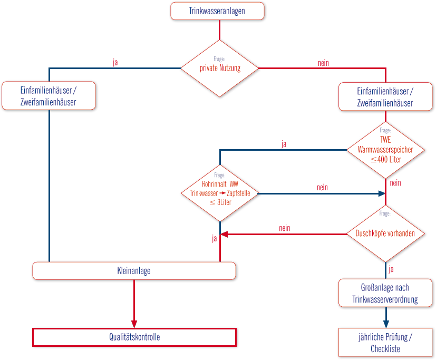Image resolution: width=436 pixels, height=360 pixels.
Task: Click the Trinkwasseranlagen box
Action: [217, 11]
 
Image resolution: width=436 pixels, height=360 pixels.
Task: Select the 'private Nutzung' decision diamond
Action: [219, 69]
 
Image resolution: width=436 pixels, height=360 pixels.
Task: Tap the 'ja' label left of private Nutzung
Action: [115, 62]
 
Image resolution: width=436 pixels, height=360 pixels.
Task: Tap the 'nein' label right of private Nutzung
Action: [323, 63]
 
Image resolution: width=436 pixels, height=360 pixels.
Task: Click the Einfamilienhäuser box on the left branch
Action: [49, 95]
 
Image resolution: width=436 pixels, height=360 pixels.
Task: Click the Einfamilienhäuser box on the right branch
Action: [385, 97]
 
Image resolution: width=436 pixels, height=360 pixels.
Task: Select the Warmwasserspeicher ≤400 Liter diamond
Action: [385, 150]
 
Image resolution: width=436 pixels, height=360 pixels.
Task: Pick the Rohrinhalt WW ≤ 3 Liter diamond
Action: [220, 193]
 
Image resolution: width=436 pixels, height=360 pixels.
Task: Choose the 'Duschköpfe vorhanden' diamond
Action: [385, 234]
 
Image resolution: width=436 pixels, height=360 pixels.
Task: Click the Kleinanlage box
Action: [134, 271]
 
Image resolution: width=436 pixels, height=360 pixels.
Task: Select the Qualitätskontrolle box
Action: [134, 337]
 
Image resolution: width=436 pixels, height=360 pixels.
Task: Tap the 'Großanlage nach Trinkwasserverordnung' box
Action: [385, 293]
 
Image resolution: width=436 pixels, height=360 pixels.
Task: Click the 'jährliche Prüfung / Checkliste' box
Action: [385, 343]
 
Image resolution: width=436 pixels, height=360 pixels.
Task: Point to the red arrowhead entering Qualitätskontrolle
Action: [134, 324]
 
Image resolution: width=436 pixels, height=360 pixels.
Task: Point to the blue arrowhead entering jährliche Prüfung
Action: [386, 324]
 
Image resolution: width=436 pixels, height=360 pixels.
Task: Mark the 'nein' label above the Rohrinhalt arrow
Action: [322, 188]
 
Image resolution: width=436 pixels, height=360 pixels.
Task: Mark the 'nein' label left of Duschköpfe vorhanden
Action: [285, 228]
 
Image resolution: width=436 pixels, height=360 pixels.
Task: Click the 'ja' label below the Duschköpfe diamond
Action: [391, 269]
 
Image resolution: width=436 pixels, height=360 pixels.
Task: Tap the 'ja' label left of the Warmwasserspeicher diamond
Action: [284, 144]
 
